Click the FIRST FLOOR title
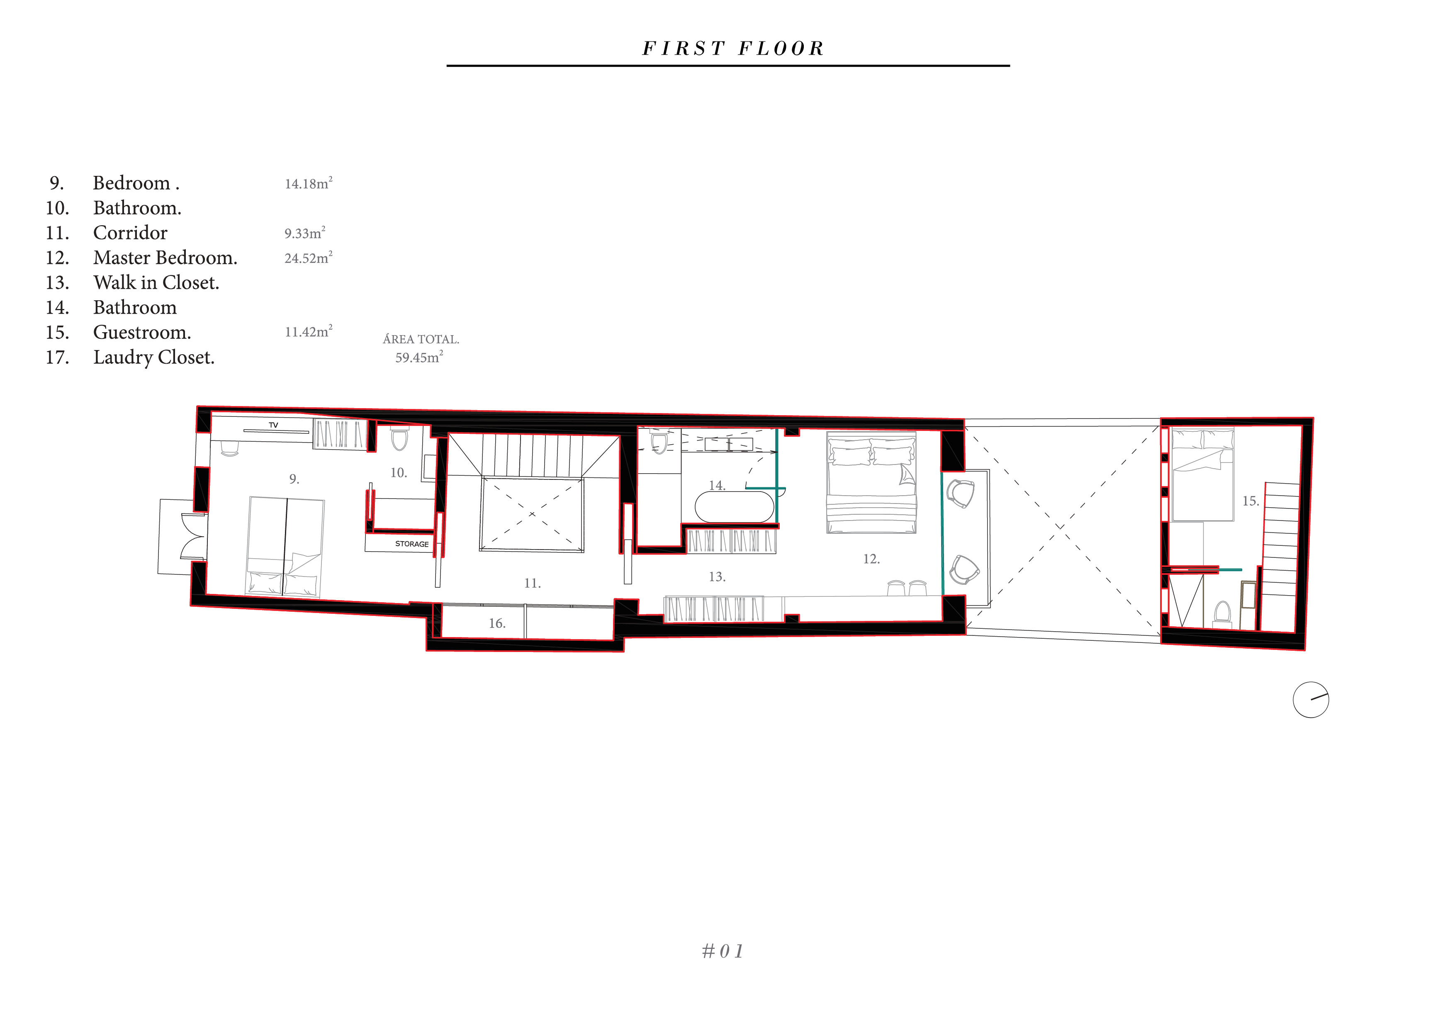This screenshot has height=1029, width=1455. pyautogui.click(x=733, y=49)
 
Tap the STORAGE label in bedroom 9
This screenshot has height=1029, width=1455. pyautogui.click(x=412, y=544)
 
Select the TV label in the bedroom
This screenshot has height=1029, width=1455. pyautogui.click(x=273, y=425)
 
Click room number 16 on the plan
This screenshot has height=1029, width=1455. pyautogui.click(x=497, y=623)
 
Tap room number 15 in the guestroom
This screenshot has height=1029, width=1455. pyautogui.click(x=1250, y=501)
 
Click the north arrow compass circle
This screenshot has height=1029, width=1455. pyautogui.click(x=1311, y=700)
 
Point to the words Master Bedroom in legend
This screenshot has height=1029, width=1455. pyautogui.click(x=165, y=258)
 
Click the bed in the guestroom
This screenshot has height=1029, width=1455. pyautogui.click(x=1202, y=474)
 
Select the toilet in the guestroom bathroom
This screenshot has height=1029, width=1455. pyautogui.click(x=1222, y=613)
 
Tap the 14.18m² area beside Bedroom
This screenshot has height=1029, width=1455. pyautogui.click(x=309, y=183)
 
